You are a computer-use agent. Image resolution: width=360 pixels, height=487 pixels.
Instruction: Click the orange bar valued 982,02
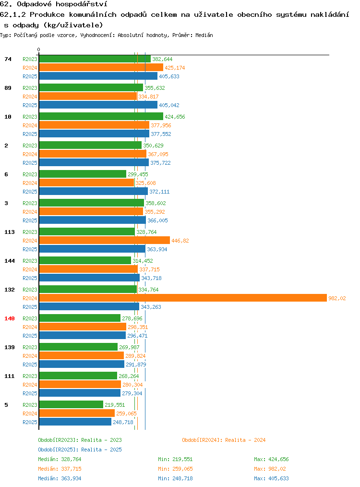(183, 298)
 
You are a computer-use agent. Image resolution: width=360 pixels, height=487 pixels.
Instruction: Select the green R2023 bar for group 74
(95, 59)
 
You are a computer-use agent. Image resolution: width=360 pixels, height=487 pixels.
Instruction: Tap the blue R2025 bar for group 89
(98, 105)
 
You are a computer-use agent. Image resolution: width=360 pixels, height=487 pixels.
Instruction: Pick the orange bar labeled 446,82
(105, 240)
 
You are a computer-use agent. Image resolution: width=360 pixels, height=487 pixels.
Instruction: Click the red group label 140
(9, 318)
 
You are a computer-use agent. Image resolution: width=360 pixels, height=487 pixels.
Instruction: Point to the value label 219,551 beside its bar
(115, 405)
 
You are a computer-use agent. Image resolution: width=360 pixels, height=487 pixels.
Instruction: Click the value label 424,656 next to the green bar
(175, 117)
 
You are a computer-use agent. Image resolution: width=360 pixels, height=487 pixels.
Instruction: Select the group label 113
(9, 232)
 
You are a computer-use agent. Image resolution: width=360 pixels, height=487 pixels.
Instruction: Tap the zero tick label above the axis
(38, 49)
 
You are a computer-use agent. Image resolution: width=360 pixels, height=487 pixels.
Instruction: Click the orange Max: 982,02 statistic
(270, 469)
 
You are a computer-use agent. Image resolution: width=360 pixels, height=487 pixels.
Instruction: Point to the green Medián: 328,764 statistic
(60, 459)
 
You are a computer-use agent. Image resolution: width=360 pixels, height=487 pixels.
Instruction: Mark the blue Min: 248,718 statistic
(175, 478)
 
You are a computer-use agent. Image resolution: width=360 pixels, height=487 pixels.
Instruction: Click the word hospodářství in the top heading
(81, 4)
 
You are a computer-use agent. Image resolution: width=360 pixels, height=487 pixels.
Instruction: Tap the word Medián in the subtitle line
(204, 35)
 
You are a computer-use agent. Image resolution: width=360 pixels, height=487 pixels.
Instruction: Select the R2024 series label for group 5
(30, 414)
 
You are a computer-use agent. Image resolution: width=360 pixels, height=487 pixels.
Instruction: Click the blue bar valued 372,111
(94, 191)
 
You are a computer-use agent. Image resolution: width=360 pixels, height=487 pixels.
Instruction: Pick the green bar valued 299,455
(83, 174)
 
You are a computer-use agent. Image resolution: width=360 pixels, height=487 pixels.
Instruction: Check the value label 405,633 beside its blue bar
(169, 76)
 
